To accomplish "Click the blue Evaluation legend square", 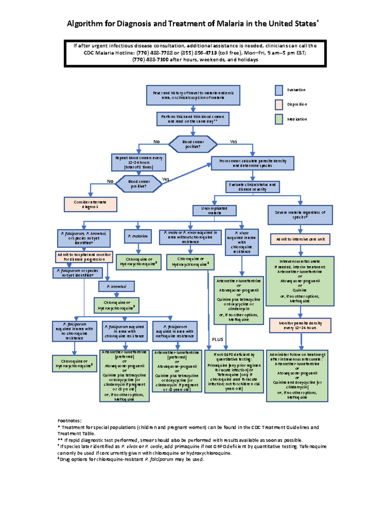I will (279, 90).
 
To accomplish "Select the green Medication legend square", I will (279, 119).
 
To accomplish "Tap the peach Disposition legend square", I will (279, 105).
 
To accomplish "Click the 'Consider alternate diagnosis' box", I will (90, 204).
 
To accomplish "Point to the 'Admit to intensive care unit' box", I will (300, 239).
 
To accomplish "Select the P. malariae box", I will (138, 236).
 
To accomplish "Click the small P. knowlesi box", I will (116, 286).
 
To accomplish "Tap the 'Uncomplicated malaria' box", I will (214, 211).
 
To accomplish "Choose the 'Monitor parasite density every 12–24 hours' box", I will (300, 325).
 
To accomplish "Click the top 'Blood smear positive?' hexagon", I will (193, 144).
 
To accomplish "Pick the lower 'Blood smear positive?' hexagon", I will (139, 184).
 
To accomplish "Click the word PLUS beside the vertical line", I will (217, 339).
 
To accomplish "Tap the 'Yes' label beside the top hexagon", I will (233, 142).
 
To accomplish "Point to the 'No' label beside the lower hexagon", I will (110, 181).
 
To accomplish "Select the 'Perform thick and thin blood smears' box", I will (193, 119).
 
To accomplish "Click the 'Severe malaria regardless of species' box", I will (300, 215).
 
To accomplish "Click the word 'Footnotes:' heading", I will (69, 421).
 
